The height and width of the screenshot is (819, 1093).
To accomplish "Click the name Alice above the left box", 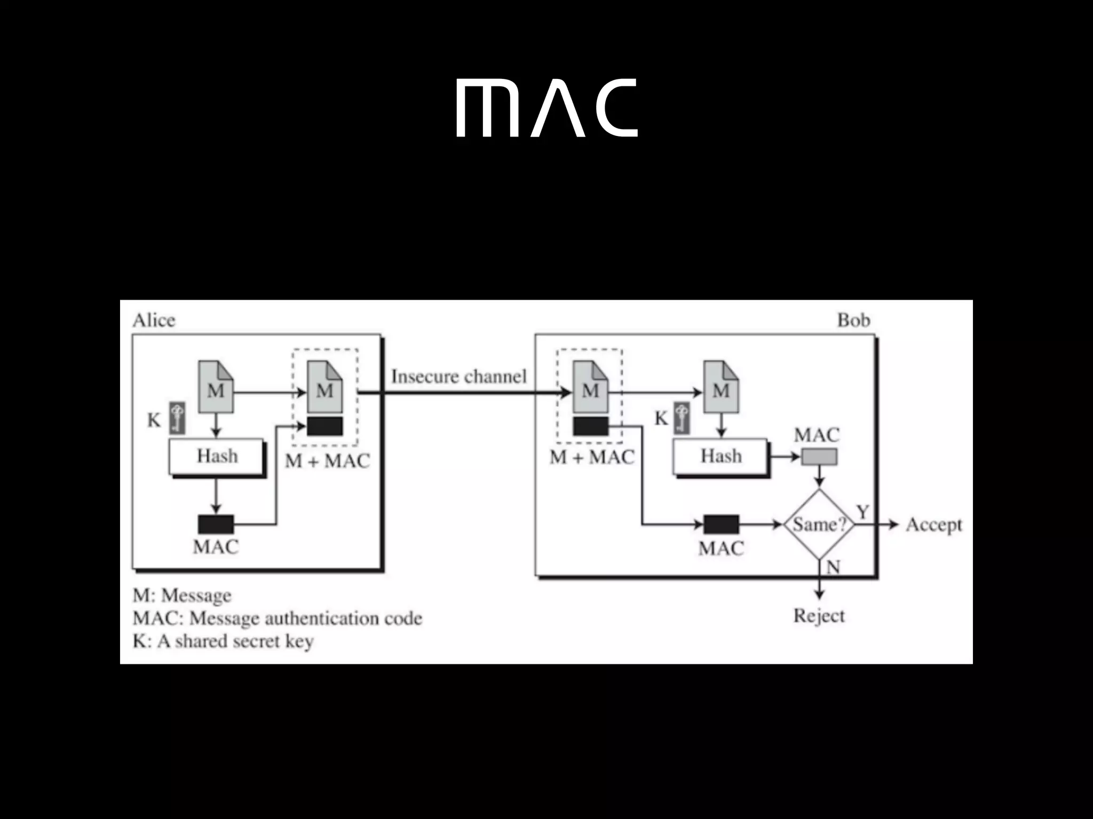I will point(154,320).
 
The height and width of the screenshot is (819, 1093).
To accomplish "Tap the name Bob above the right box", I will point(853,320).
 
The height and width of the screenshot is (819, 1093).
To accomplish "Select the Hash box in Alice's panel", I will point(217,456).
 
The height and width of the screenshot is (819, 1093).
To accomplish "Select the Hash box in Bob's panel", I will point(720,456).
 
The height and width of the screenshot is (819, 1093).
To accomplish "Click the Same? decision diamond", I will point(819,525).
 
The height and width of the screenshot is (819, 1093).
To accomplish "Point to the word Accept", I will point(933,525).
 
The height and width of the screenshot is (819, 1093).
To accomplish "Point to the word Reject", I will point(819,616).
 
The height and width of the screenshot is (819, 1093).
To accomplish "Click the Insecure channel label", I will point(459,376).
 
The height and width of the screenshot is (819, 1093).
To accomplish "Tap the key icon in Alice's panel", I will point(178,417).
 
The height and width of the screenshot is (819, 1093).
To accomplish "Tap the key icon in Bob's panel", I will point(682,417).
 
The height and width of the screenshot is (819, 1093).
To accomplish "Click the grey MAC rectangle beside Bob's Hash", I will point(819,457).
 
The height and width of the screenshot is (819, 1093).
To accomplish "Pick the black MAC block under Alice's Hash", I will point(216,524).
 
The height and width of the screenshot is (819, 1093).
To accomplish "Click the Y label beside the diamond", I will point(863,512).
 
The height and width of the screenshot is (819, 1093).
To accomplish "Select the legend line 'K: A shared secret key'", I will point(223,641).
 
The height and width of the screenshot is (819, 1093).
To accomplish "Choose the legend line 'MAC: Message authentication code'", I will point(278,619).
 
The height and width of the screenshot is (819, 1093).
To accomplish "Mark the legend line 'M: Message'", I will point(182,596).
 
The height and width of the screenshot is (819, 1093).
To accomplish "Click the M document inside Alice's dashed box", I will point(325,388).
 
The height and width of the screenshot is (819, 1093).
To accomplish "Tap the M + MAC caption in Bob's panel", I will point(592,457).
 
